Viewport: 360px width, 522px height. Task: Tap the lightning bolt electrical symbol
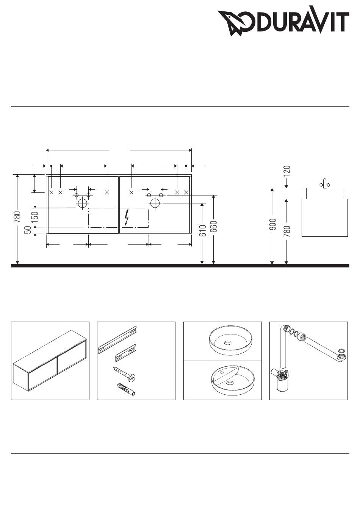point(127,217)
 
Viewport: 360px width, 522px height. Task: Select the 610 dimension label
point(203,230)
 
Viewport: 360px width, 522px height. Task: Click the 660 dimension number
point(214,226)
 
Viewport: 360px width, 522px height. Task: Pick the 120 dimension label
point(287,170)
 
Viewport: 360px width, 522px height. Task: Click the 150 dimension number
point(35,217)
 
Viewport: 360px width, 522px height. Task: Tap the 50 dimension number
point(28,230)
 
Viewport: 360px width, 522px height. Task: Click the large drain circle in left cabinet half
point(82,203)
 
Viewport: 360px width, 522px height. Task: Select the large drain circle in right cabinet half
point(155,203)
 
